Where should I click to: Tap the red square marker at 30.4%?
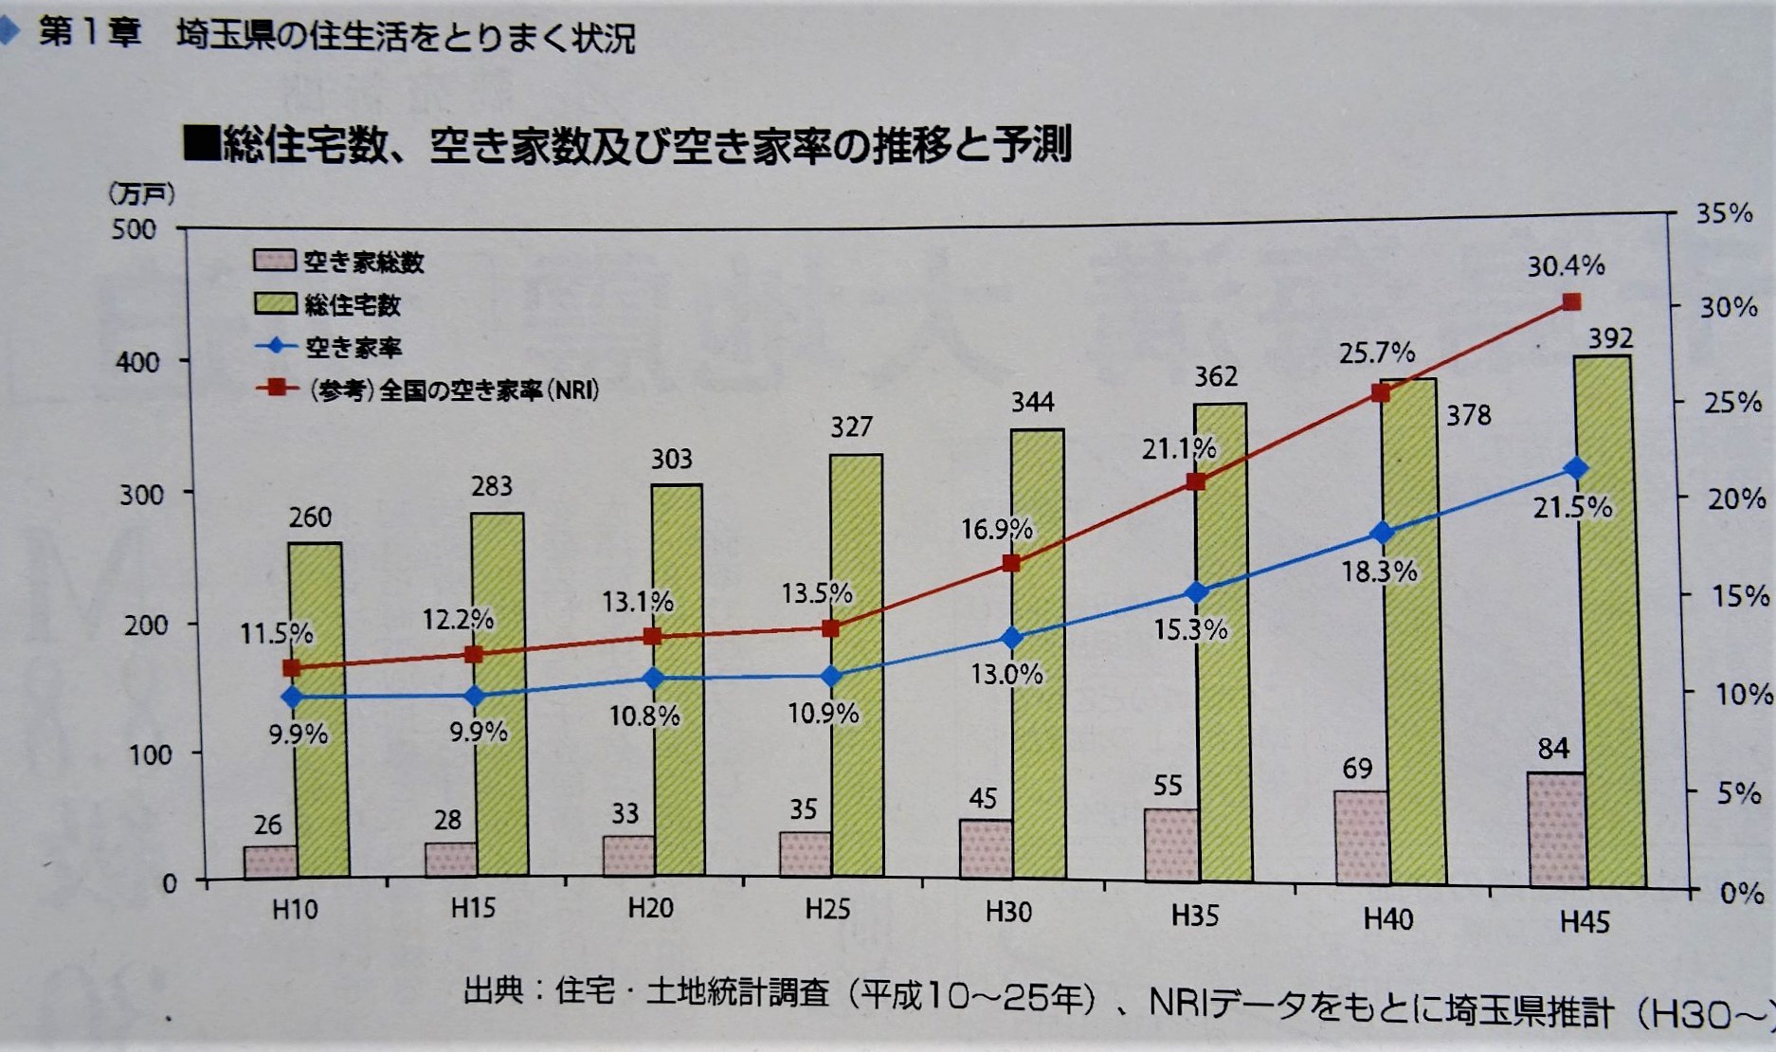pos(1571,302)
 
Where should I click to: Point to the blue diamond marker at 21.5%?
pos(1577,468)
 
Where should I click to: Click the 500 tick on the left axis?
pos(134,229)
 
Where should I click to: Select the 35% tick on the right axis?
pos(1724,213)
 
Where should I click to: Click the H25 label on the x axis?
pos(827,910)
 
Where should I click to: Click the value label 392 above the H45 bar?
pos(1609,338)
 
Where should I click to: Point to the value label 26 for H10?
pos(267,825)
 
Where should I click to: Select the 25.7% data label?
pos(1376,354)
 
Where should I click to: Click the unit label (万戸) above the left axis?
pos(141,194)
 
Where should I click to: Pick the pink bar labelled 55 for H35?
pos(1170,843)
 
